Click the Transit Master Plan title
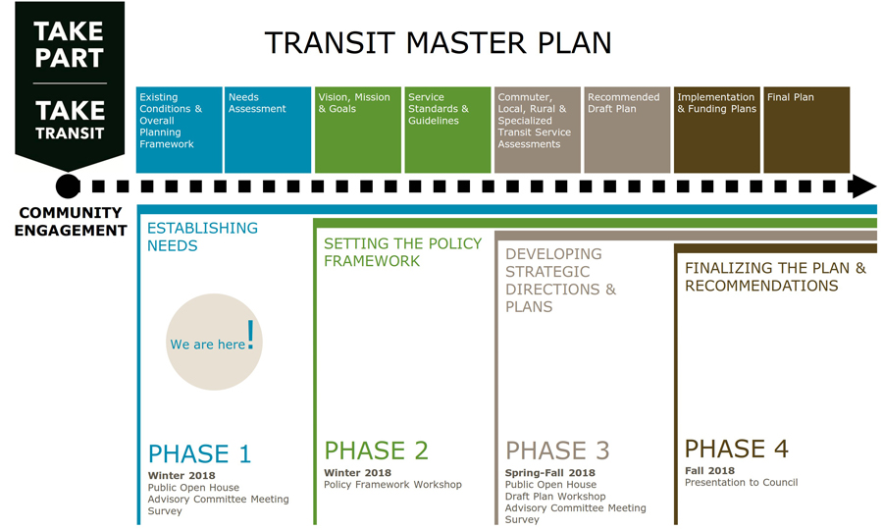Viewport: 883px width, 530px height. point(439,43)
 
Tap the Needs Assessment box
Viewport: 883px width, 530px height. point(268,130)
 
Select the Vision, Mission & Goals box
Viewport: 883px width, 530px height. point(357,130)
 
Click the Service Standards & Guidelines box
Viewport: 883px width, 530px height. point(447,130)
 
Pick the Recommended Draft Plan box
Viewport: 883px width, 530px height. point(627,130)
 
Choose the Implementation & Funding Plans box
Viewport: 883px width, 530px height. point(717,130)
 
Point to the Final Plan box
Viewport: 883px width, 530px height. point(806,130)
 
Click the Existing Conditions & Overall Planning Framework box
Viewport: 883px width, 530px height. point(180,130)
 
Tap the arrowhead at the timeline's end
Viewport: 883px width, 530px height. point(862,186)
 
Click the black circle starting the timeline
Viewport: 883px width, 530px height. point(68,186)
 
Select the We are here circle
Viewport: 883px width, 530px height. point(214,342)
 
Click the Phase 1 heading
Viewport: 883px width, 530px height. point(199,454)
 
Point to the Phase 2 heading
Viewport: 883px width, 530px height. point(376,450)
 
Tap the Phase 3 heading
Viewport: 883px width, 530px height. point(557,450)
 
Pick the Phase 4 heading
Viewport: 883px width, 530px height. point(737,449)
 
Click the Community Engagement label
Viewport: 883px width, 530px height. point(71,222)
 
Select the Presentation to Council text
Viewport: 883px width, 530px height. point(741,482)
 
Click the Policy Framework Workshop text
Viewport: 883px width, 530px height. point(392,485)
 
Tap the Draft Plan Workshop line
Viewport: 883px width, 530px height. point(555,497)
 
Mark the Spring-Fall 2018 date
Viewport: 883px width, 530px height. point(550,472)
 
